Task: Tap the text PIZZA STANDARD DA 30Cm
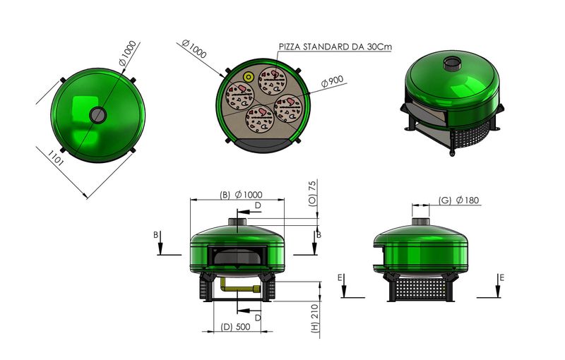pos(335,47)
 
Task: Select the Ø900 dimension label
pos(332,81)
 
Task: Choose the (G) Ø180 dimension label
pos(459,200)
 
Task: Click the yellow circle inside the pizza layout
pos(249,77)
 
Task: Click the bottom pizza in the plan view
pos(260,120)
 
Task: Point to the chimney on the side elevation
pos(421,220)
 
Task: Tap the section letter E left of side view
pos(342,278)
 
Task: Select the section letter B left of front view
pos(156,234)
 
